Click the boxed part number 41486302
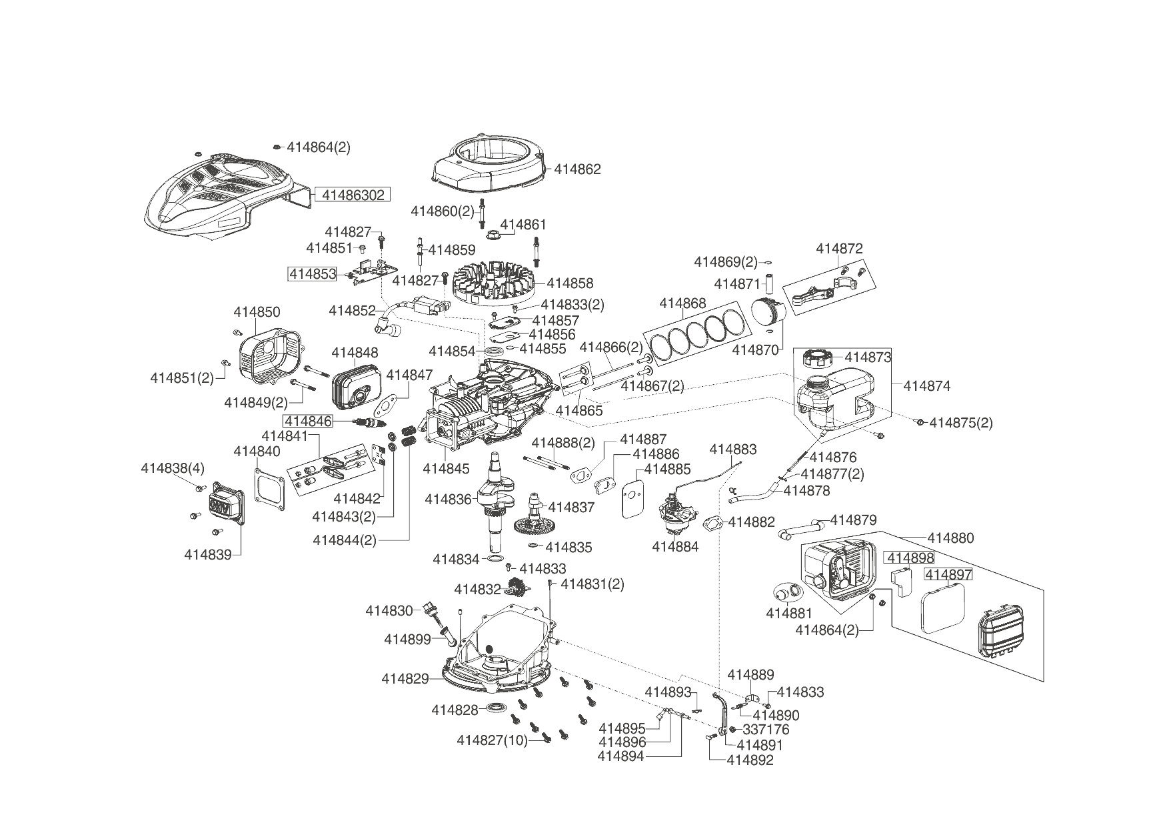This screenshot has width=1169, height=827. coord(353,195)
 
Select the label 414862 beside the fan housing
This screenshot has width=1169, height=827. coord(577,169)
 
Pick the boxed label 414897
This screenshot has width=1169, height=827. coord(948,574)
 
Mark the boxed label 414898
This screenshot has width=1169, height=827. coord(909,558)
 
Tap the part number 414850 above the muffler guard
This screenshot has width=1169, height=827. coord(257,312)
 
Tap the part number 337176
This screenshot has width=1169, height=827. coord(766,730)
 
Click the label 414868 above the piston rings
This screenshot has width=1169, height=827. coord(682,303)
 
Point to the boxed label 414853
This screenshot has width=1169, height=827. coord(312,274)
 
